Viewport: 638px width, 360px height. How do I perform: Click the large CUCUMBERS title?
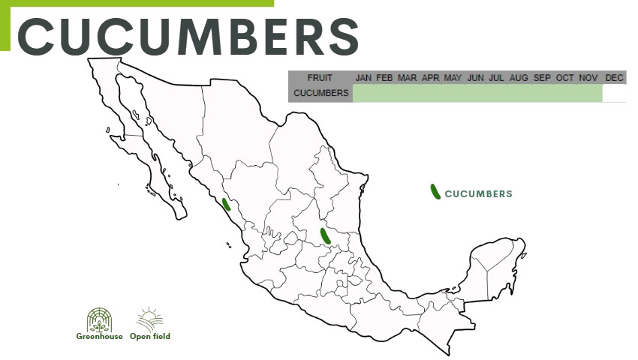pos(188,34)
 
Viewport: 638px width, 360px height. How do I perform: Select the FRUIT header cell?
pos(320,78)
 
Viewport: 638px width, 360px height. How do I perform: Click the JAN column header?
pos(363,78)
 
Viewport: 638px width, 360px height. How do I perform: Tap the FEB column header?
pos(385,78)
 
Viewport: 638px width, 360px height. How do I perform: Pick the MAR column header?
pos(408,78)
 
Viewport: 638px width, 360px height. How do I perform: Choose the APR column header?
pos(430,78)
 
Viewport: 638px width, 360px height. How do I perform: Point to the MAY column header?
pos(453,78)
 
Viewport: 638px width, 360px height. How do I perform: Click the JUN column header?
pos(475,78)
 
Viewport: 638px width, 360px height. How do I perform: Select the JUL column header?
pos(496,78)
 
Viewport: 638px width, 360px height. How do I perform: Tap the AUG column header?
pos(519,78)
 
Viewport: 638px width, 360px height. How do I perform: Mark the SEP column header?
pos(542,78)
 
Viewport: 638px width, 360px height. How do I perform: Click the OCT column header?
pos(564,78)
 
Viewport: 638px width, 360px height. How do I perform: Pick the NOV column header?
pos(588,78)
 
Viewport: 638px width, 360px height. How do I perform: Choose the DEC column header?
pos(614,78)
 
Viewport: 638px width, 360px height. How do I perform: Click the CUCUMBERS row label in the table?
pos(321,93)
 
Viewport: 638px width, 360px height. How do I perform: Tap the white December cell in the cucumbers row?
pos(614,93)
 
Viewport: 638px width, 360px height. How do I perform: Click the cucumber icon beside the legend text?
pos(435,192)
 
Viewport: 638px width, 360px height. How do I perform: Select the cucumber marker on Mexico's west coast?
pos(226,204)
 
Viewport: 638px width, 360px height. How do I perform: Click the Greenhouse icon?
pos(99,319)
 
